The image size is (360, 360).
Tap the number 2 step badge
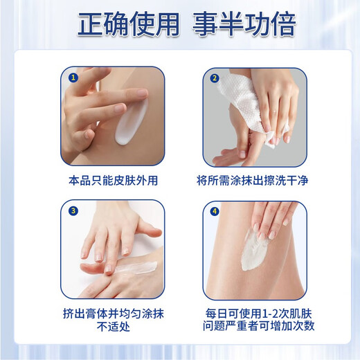[x=215, y=78]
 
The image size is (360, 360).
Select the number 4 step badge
[x=215, y=212]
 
